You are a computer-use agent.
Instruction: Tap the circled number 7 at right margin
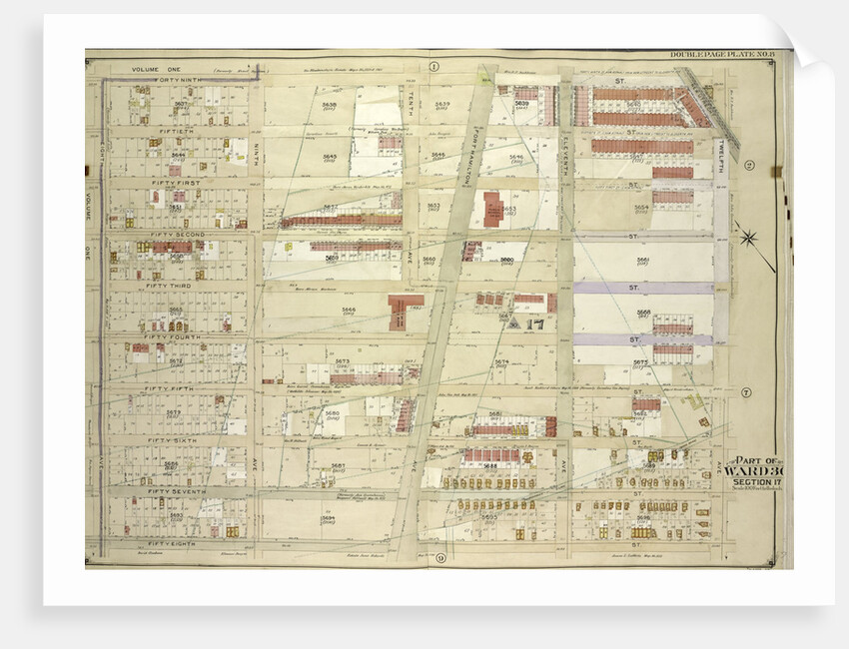(746, 391)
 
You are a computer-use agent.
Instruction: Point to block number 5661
(642, 262)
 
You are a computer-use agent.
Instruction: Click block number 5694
(328, 518)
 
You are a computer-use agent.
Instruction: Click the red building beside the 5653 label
(493, 209)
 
